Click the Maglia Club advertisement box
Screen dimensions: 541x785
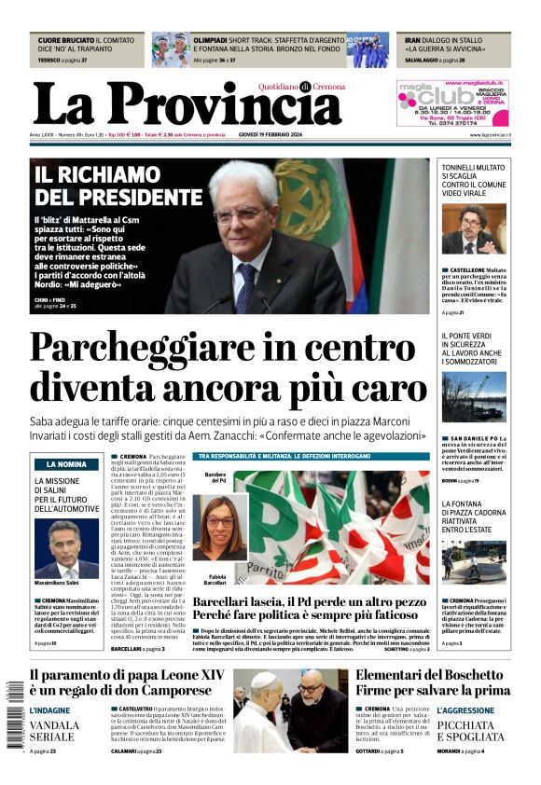pyautogui.click(x=452, y=103)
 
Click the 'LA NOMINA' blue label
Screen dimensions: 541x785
pyautogui.click(x=65, y=463)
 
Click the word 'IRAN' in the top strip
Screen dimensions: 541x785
pyautogui.click(x=413, y=41)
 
